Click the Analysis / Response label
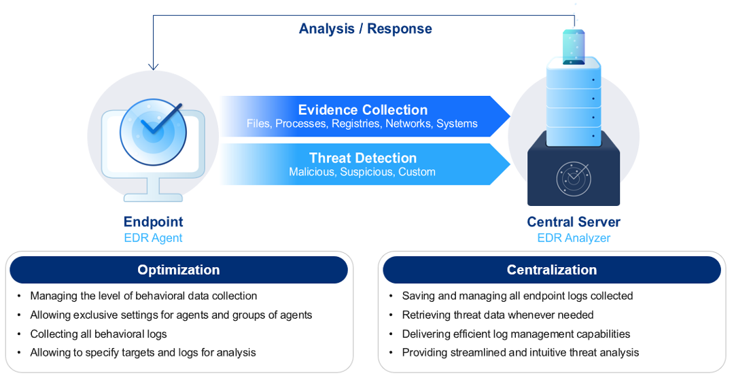[x=366, y=29]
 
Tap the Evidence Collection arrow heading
[x=362, y=109]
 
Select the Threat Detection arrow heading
[x=362, y=158]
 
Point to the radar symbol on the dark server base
[x=573, y=179]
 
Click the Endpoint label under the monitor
[x=153, y=222]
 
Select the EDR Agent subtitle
[x=153, y=238]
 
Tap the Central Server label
[x=574, y=222]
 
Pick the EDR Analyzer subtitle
[x=574, y=238]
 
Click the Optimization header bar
[x=179, y=270]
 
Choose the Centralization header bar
[x=552, y=270]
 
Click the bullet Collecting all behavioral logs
[x=99, y=334]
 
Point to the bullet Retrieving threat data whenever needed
[x=497, y=315]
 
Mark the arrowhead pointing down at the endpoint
[x=154, y=67]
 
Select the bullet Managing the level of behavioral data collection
[x=143, y=296]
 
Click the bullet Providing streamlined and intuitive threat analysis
[x=520, y=352]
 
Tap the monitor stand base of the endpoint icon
[x=153, y=197]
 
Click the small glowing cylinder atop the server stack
[x=574, y=46]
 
